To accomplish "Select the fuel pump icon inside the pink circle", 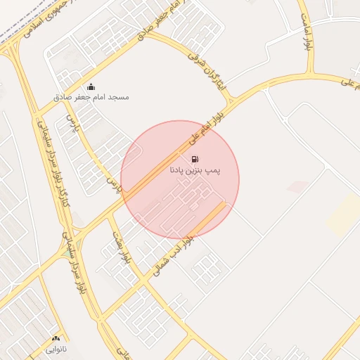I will click(194, 160).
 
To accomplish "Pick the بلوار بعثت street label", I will click(117, 243).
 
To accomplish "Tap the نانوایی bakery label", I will click(56, 347).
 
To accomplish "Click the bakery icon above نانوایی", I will click(56, 338).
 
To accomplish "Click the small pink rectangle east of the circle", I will click(298, 186).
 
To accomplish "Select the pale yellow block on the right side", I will click(344, 214).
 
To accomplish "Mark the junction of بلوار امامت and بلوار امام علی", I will click(309, 75).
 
